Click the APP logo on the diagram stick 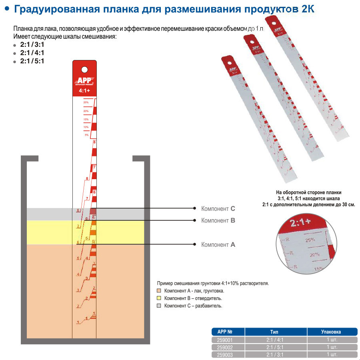(84, 81)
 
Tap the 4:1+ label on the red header (84, 91)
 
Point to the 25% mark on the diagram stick (86, 103)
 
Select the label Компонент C (218, 209)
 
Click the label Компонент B (218, 220)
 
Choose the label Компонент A (218, 244)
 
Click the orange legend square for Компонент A (159, 291)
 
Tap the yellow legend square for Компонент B (159, 298)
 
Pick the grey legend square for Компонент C (159, 306)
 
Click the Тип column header (275, 332)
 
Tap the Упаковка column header (331, 332)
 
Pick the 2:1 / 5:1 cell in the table (275, 347)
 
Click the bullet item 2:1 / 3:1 (32, 45)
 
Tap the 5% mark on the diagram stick (86, 135)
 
